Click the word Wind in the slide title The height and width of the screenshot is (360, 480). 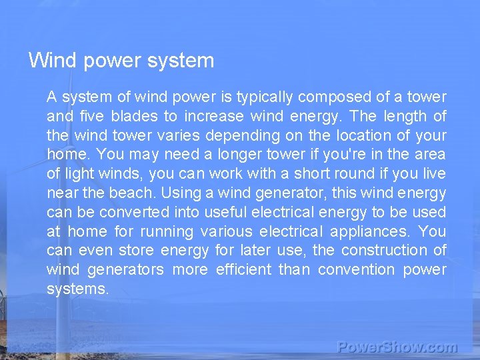[x=51, y=61]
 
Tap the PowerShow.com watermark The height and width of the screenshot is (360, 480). [x=397, y=347]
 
